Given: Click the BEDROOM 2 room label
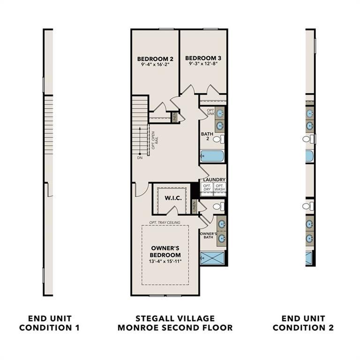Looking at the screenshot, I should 155,59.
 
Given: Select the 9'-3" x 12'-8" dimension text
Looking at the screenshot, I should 203,64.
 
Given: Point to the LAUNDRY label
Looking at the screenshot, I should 214,180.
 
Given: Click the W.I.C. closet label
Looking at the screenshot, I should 173,198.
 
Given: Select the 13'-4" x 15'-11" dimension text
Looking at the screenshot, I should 165,261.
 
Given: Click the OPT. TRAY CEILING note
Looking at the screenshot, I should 165,222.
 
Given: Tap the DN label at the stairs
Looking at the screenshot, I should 140,158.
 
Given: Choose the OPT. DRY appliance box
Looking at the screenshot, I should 207,188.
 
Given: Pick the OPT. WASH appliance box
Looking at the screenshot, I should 219,188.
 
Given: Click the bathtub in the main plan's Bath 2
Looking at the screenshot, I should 212,156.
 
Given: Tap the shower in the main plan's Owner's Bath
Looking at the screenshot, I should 212,258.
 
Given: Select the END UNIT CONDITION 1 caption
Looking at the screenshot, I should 49,323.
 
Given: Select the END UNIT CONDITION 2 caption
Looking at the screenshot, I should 303,323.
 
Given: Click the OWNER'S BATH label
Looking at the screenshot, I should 208,236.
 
